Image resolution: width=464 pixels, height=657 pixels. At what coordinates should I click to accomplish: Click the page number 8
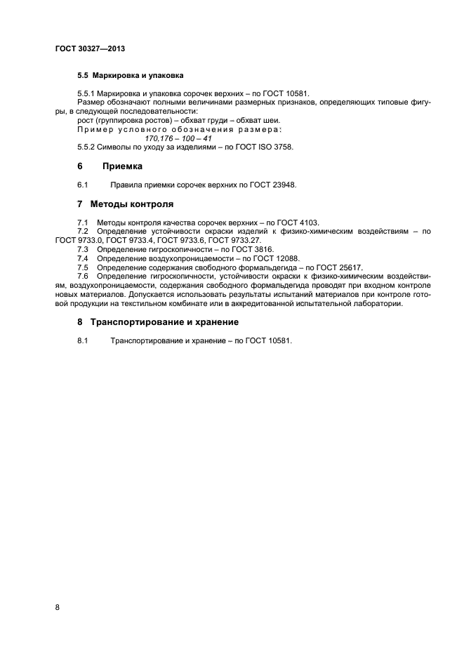click(58, 607)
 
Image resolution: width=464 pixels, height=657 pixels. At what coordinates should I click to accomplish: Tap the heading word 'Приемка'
click(122, 167)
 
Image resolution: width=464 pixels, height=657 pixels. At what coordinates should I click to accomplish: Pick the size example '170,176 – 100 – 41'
click(176, 139)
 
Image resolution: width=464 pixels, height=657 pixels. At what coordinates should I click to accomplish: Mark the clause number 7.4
click(83, 258)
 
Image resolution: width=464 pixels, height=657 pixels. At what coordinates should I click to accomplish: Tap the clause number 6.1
click(83, 185)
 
